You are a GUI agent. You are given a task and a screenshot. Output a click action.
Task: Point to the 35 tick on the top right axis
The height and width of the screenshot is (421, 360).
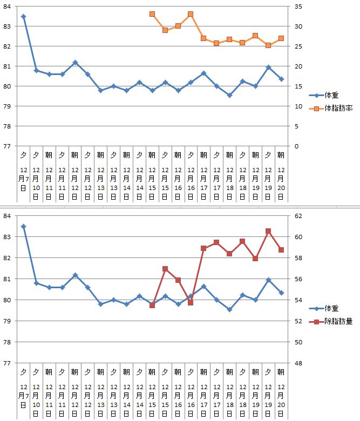point(298,7)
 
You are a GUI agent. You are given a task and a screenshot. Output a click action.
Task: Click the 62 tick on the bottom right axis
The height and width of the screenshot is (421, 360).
point(298,216)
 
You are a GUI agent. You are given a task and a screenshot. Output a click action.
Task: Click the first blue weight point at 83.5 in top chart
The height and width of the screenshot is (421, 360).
point(23,17)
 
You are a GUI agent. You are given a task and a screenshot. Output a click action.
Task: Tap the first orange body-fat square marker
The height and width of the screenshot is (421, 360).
point(152,14)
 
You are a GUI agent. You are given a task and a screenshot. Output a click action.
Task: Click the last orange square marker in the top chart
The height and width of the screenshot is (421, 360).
point(281,38)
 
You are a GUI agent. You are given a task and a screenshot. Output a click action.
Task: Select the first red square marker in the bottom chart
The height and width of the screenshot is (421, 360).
point(152,305)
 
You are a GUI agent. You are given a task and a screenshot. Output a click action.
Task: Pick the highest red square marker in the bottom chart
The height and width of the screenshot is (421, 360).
point(268,231)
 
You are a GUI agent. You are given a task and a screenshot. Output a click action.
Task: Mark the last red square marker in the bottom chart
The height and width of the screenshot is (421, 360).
point(281,250)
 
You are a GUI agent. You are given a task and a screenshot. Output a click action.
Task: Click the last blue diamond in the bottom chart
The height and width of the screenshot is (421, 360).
point(281,293)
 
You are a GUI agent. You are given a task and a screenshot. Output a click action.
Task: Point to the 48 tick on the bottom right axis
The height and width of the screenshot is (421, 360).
point(298,363)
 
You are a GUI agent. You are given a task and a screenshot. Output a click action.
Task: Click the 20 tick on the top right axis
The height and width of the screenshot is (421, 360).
point(298,66)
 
